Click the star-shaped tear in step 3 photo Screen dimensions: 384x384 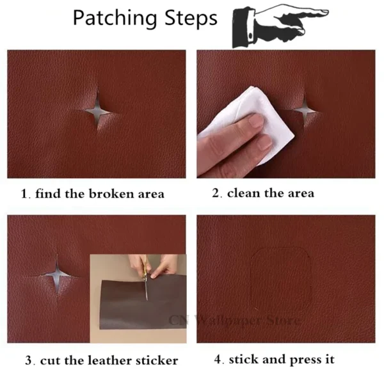(x=57, y=275)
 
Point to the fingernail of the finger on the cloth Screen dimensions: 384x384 (x=256, y=120)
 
